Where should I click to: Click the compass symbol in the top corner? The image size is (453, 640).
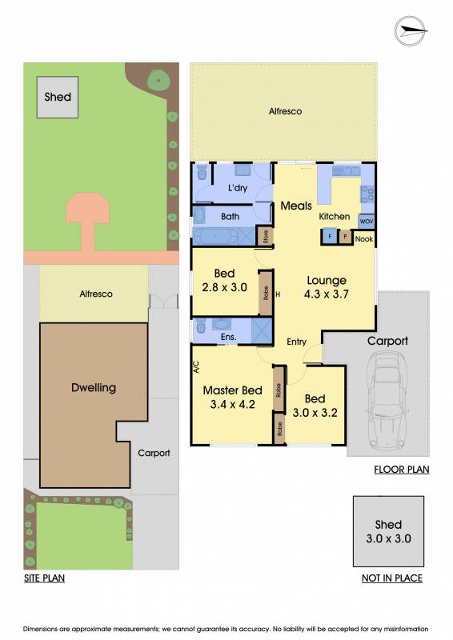tap(410, 31)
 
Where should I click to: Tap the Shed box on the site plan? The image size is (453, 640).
tap(58, 97)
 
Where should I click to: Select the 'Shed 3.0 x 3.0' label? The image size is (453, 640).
tap(388, 531)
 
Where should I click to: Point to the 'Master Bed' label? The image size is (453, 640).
tap(232, 390)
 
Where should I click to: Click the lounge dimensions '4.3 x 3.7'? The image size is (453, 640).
tap(327, 294)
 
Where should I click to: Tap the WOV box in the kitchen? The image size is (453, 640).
tap(367, 222)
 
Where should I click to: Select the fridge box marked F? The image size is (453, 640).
tap(330, 237)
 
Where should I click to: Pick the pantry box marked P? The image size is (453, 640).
tap(345, 237)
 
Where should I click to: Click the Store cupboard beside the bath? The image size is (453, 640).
tap(266, 237)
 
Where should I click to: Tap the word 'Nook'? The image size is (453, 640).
tap(364, 238)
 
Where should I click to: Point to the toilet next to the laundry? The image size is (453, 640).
tap(202, 173)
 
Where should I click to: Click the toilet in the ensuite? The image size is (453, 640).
tap(201, 326)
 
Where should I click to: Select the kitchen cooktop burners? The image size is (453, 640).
tap(367, 194)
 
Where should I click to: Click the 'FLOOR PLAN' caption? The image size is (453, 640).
tap(402, 470)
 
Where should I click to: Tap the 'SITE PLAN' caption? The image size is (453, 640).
tap(44, 578)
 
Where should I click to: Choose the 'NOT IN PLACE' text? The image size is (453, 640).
tap(392, 578)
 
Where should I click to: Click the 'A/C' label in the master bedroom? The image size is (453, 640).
tap(196, 367)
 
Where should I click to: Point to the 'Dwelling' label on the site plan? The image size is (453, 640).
tap(94, 388)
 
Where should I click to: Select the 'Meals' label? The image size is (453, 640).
tap(296, 206)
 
